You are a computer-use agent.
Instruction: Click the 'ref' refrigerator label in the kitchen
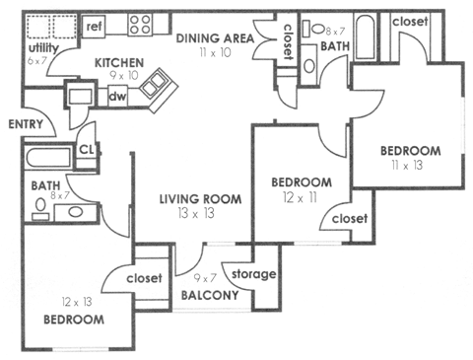click(x=96, y=26)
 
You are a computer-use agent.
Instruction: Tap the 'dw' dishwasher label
click(x=116, y=97)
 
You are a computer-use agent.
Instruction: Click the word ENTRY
click(x=24, y=124)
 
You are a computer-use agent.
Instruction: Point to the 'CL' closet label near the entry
click(x=86, y=150)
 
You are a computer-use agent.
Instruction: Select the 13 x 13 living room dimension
click(x=200, y=213)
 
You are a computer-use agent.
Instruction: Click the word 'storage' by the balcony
click(x=254, y=273)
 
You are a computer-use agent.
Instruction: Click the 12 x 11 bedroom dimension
click(x=299, y=197)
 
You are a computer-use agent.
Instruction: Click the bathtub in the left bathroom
click(x=47, y=158)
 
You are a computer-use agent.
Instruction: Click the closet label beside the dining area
click(x=287, y=44)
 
